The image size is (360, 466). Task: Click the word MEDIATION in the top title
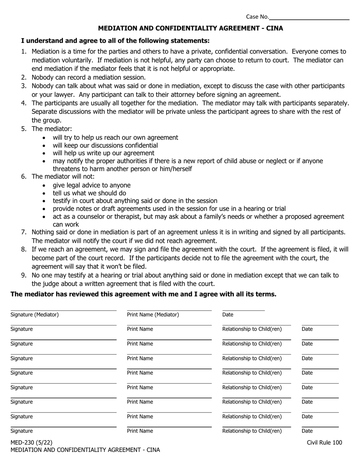point(116,28)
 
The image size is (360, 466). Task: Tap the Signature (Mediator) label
point(34,314)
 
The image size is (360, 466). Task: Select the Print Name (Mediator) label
point(153,314)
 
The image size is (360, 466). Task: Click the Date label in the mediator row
point(228,314)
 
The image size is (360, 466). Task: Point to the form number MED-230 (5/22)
point(31,442)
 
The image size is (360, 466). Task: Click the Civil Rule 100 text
point(324,442)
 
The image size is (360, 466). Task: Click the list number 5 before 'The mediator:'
point(24,129)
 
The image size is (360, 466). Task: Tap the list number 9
point(24,275)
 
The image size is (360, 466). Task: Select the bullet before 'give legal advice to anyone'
point(45,186)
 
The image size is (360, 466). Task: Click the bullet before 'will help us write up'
point(45,153)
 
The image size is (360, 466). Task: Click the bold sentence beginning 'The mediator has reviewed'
point(143,294)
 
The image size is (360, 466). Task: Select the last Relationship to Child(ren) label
point(252,431)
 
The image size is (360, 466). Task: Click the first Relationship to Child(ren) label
point(252,329)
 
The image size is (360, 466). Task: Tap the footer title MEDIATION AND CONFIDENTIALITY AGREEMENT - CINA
point(85,450)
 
